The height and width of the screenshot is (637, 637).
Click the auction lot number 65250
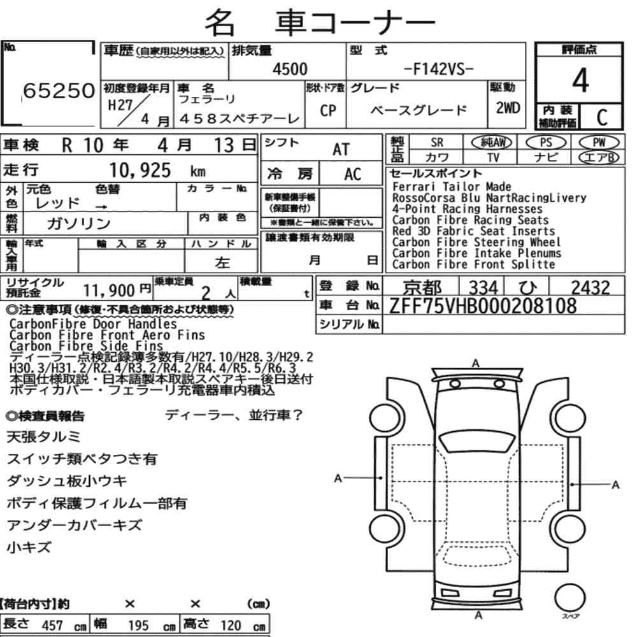click(x=59, y=90)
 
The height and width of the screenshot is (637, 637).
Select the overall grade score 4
click(x=580, y=80)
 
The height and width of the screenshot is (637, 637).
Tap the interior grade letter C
click(x=602, y=117)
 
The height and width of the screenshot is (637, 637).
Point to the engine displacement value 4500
click(x=290, y=69)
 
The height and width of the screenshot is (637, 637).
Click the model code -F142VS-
click(x=439, y=69)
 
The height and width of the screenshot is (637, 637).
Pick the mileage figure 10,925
click(x=140, y=170)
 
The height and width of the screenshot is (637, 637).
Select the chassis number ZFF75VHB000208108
click(x=483, y=306)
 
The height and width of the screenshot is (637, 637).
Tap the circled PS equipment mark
click(x=546, y=143)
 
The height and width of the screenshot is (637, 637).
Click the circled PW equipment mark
click(x=599, y=143)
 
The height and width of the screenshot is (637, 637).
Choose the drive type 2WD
click(x=508, y=108)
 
